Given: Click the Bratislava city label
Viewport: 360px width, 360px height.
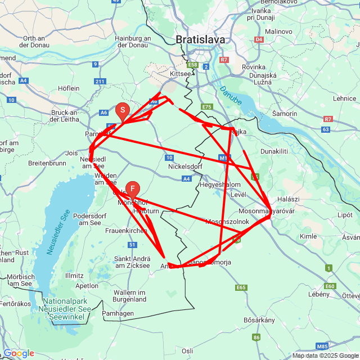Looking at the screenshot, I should (200, 40).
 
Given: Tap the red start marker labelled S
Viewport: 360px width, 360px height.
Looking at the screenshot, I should (123, 111).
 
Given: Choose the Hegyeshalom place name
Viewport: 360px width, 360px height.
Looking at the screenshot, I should (220, 184).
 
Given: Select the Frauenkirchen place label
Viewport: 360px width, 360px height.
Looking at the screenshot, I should (127, 231).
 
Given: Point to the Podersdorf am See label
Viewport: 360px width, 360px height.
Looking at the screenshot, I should (94, 218).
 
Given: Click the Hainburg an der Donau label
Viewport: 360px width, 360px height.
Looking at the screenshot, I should (133, 41).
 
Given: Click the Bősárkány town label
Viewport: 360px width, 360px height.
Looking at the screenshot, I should (259, 320).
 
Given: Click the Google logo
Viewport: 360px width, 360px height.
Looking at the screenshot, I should (19, 353).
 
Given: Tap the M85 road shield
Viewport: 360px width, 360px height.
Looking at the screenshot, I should (322, 346).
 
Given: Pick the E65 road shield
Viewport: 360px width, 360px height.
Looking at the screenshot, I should (241, 287).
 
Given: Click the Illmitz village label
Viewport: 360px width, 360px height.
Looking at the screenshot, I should (74, 276).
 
